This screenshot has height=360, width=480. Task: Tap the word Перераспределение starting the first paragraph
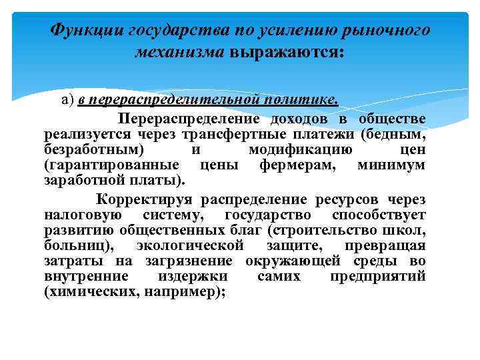tap(189, 119)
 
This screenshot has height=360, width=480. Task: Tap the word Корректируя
tap(141, 200)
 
